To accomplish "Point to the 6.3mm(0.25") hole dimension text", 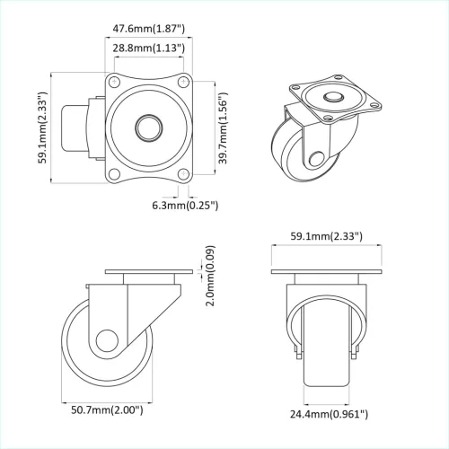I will click(x=184, y=206).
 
